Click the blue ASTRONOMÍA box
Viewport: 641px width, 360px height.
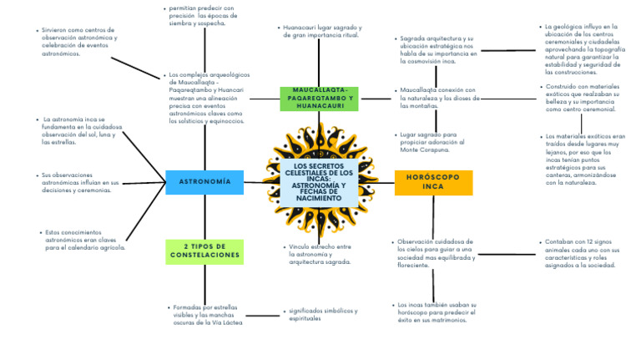click(x=204, y=181)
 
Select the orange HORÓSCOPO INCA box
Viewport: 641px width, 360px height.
click(x=433, y=182)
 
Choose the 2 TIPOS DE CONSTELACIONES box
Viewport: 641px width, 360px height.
click(x=204, y=251)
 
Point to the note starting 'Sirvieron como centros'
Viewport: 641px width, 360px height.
click(x=80, y=42)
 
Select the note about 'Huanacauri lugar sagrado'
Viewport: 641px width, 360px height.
click(x=320, y=32)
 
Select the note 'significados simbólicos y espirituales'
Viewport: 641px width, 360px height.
click(x=321, y=314)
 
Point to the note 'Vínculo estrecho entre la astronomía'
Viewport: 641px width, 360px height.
click(x=320, y=254)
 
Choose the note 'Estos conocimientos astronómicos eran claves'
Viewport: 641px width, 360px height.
click(x=83, y=240)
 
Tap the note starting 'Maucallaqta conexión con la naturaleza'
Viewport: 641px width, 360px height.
click(x=437, y=98)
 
